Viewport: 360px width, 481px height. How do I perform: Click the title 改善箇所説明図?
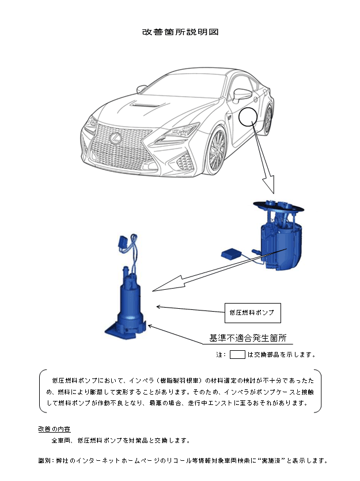180,32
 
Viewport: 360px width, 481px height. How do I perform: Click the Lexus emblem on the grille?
115,138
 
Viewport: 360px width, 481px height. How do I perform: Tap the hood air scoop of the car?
145,105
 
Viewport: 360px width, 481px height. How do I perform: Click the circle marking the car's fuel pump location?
248,117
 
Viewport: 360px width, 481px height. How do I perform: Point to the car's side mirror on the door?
242,94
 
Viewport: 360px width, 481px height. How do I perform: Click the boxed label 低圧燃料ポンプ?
252,313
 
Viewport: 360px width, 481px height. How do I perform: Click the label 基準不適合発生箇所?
248,338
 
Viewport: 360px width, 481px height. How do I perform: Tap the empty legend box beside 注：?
237,355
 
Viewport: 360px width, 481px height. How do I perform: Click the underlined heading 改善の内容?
54,429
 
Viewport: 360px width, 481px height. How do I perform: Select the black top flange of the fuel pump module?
279,207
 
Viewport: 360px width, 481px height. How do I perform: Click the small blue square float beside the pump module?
231,253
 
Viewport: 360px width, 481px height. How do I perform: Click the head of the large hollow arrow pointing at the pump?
169,284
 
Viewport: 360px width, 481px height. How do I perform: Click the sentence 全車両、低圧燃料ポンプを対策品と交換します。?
120,441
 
